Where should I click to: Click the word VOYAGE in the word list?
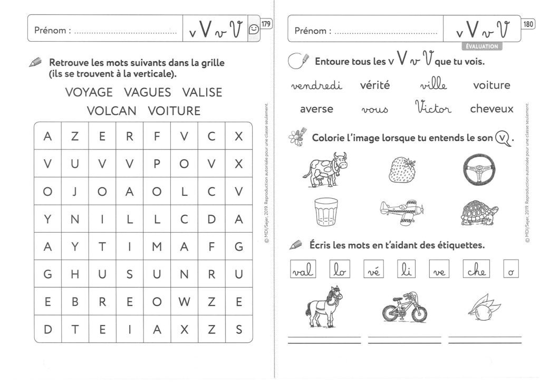89,92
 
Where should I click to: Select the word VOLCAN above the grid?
112,111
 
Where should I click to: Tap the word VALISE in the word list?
202,92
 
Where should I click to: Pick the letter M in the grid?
157,246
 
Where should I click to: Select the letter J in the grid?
75,192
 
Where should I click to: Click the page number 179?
266,24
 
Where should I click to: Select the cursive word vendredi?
316,85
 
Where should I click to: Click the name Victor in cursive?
433,108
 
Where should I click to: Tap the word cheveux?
491,109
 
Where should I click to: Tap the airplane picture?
404,212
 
